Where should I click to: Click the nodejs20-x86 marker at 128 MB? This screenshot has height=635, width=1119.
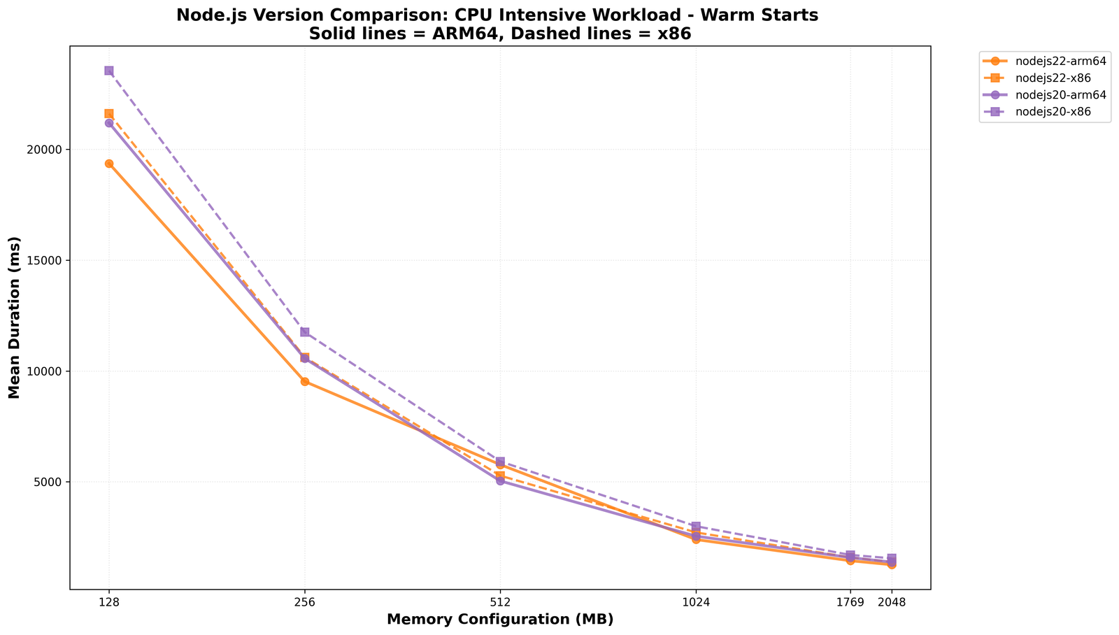(x=109, y=71)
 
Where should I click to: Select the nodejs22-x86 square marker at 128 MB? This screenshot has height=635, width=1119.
(x=109, y=113)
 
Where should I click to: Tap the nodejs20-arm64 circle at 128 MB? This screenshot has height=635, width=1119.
(x=109, y=123)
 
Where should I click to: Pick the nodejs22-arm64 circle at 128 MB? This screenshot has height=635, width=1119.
(x=109, y=164)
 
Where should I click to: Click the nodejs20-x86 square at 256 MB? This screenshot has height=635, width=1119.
(x=305, y=332)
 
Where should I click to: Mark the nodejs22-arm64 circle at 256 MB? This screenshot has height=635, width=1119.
(x=305, y=381)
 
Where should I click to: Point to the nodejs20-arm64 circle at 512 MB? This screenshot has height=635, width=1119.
(x=500, y=481)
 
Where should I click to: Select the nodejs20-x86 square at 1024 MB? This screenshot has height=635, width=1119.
(x=696, y=526)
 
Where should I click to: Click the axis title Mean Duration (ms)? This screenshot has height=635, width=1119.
(x=15, y=317)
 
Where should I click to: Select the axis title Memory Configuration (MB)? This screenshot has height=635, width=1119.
(x=500, y=620)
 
